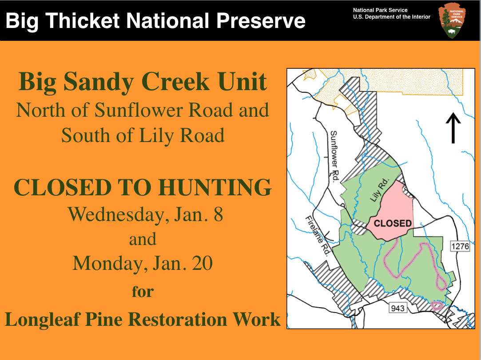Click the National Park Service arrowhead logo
point(453,20)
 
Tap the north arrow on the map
point(453,128)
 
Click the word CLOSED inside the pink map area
point(393,223)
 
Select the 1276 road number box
point(460,245)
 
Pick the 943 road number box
point(398,307)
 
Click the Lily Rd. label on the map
point(379,191)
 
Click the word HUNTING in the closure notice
point(215,187)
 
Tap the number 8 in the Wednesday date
point(218,214)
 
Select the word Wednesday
point(113,214)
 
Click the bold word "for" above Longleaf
point(143,292)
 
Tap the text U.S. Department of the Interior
point(392,17)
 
